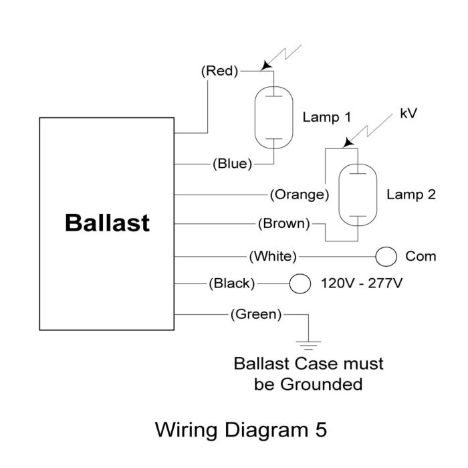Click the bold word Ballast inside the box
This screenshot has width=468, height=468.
(x=107, y=223)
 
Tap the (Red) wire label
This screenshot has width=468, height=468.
(x=220, y=71)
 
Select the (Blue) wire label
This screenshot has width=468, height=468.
(x=233, y=164)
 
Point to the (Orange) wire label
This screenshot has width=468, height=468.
(x=300, y=195)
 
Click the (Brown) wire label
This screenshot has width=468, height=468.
(x=284, y=223)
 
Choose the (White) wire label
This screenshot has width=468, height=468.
(x=273, y=256)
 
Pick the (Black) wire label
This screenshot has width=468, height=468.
(x=232, y=283)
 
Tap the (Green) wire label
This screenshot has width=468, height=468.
(x=256, y=314)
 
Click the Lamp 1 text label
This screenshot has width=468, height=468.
(x=326, y=117)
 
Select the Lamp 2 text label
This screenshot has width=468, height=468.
(x=411, y=195)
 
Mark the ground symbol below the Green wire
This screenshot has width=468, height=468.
(x=308, y=346)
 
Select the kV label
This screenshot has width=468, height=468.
(x=408, y=114)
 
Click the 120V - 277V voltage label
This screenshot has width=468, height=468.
(x=362, y=283)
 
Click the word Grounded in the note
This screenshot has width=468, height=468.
(x=322, y=384)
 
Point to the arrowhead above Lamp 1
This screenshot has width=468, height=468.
(x=265, y=66)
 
